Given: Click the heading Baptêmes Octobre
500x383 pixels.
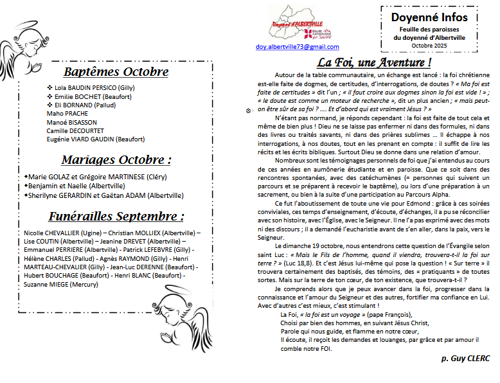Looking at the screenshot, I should point(116,72).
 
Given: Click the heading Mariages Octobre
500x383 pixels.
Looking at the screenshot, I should point(116,160).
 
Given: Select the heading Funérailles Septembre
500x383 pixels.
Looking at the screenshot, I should point(116,217).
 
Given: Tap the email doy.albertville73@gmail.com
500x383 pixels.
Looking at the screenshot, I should point(297,47).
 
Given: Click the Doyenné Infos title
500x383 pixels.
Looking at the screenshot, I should point(429,17).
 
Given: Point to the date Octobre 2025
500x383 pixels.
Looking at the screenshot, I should point(429,45).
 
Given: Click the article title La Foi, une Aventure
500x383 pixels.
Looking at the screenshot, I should point(373,63).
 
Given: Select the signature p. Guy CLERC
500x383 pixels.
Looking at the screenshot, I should point(465,355).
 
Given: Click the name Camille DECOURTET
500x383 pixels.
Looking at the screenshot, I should point(75,130).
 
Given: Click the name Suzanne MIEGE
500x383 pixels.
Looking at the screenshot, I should point(47,283).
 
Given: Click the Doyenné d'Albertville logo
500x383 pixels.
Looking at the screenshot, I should point(297,24).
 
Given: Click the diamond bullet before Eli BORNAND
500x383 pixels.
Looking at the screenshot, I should point(50,104).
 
